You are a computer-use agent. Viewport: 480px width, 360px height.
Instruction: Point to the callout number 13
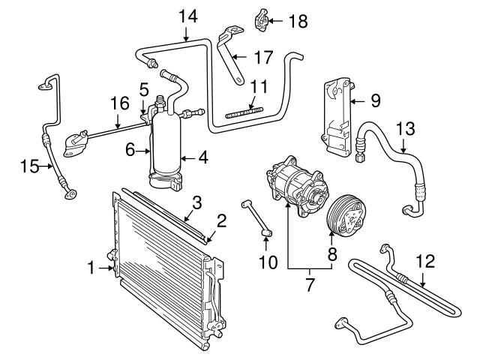tap(405, 128)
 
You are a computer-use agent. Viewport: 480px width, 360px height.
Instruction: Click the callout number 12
tap(424, 262)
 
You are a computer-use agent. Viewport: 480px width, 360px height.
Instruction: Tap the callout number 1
tap(91, 266)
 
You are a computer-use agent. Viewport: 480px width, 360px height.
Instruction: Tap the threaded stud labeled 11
tap(245, 113)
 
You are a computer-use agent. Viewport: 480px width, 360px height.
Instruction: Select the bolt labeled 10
tap(255, 217)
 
